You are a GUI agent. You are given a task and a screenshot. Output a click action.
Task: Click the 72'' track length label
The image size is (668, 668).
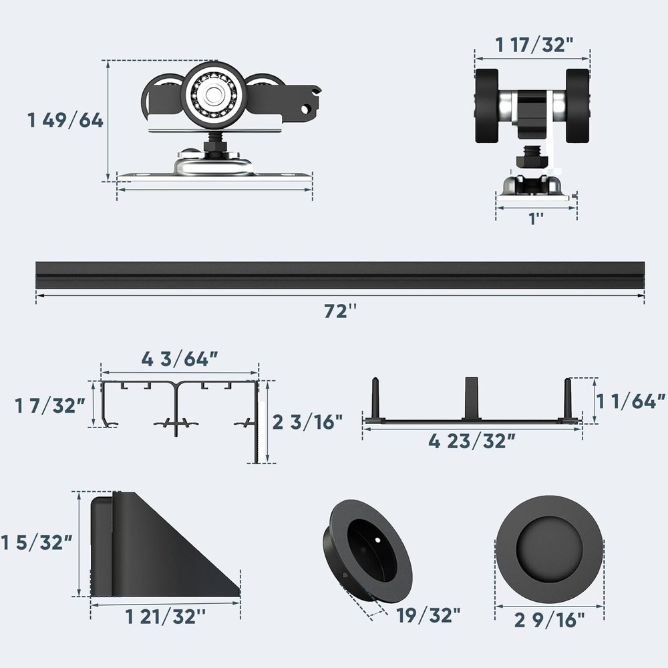click(340, 311)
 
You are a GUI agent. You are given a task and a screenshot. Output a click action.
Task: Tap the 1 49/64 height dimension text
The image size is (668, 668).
click(65, 120)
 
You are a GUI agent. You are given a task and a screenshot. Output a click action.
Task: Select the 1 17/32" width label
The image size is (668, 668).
click(534, 45)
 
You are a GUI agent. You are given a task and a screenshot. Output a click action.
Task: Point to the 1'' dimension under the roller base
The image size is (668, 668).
click(536, 218)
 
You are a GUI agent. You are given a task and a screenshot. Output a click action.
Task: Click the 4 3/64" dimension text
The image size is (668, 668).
click(180, 359)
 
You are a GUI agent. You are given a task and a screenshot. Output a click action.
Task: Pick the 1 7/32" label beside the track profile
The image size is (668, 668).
click(50, 405)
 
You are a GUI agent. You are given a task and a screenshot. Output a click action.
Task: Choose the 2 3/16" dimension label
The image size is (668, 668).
click(307, 422)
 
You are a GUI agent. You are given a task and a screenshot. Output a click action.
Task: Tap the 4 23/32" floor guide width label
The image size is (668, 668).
click(472, 441)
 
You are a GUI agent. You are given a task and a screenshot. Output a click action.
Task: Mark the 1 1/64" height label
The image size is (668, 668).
click(631, 401)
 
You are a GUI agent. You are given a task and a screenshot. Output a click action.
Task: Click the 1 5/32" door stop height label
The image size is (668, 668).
click(37, 542)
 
